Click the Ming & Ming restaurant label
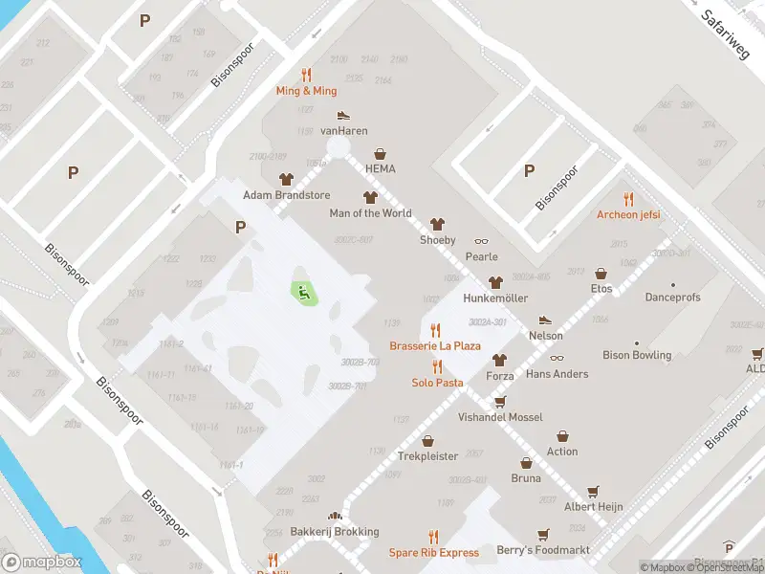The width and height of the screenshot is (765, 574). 306,91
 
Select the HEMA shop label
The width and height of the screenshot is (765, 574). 380,169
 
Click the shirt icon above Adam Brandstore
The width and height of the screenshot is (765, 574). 285,179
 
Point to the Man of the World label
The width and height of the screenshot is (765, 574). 370,213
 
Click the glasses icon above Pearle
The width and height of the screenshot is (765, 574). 481,241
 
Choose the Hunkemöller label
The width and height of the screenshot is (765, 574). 495,298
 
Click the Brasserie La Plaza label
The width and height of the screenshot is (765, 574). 435,345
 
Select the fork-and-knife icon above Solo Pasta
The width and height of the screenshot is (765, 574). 437,366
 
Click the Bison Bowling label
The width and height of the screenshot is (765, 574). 637,355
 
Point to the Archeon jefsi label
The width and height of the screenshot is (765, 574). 628,214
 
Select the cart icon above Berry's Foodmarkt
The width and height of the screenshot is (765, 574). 543,535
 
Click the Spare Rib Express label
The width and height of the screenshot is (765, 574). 433,553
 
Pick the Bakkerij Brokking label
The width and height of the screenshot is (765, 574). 335,532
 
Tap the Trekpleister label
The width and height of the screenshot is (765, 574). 427,456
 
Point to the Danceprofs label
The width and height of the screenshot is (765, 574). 672,298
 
